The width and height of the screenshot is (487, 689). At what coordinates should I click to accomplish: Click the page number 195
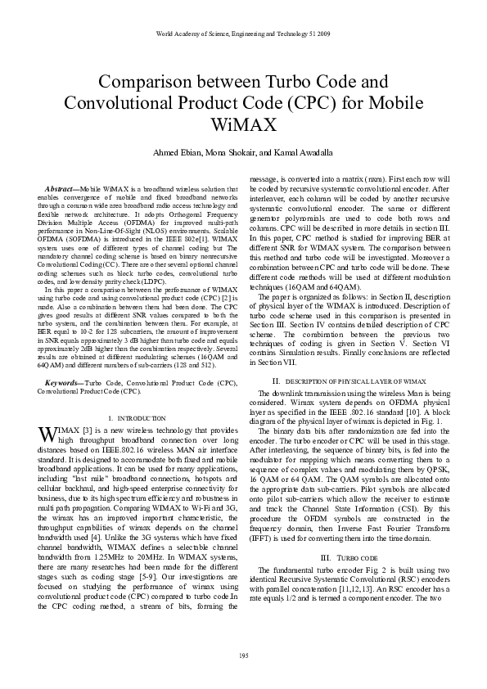point(243,655)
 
